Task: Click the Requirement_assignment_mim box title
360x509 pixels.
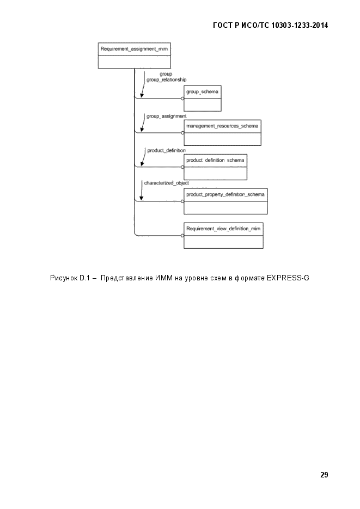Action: click(x=134, y=49)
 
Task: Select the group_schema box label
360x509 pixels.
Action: click(x=202, y=92)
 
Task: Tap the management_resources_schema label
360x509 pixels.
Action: click(x=222, y=126)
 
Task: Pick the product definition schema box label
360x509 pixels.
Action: click(x=215, y=160)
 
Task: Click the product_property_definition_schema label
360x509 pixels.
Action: click(x=225, y=194)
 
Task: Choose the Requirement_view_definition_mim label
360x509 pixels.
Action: click(x=223, y=229)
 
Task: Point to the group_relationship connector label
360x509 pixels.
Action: click(x=167, y=80)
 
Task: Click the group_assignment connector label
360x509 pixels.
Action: click(x=167, y=116)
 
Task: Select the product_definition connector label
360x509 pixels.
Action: click(x=167, y=151)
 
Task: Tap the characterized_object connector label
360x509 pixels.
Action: click(x=167, y=183)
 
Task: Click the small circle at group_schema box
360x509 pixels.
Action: click(x=182, y=99)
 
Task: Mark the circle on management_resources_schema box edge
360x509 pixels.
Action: click(x=182, y=133)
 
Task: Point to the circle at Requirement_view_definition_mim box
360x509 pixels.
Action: click(x=182, y=236)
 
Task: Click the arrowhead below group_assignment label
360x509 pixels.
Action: click(x=142, y=130)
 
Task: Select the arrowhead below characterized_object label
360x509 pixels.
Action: click(x=142, y=198)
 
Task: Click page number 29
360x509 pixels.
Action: click(x=324, y=475)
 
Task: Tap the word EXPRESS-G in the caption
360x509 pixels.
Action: click(x=288, y=278)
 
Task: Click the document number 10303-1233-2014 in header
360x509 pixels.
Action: click(x=300, y=26)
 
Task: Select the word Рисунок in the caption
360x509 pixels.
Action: click(x=64, y=278)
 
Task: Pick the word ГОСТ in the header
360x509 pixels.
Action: click(x=223, y=26)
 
